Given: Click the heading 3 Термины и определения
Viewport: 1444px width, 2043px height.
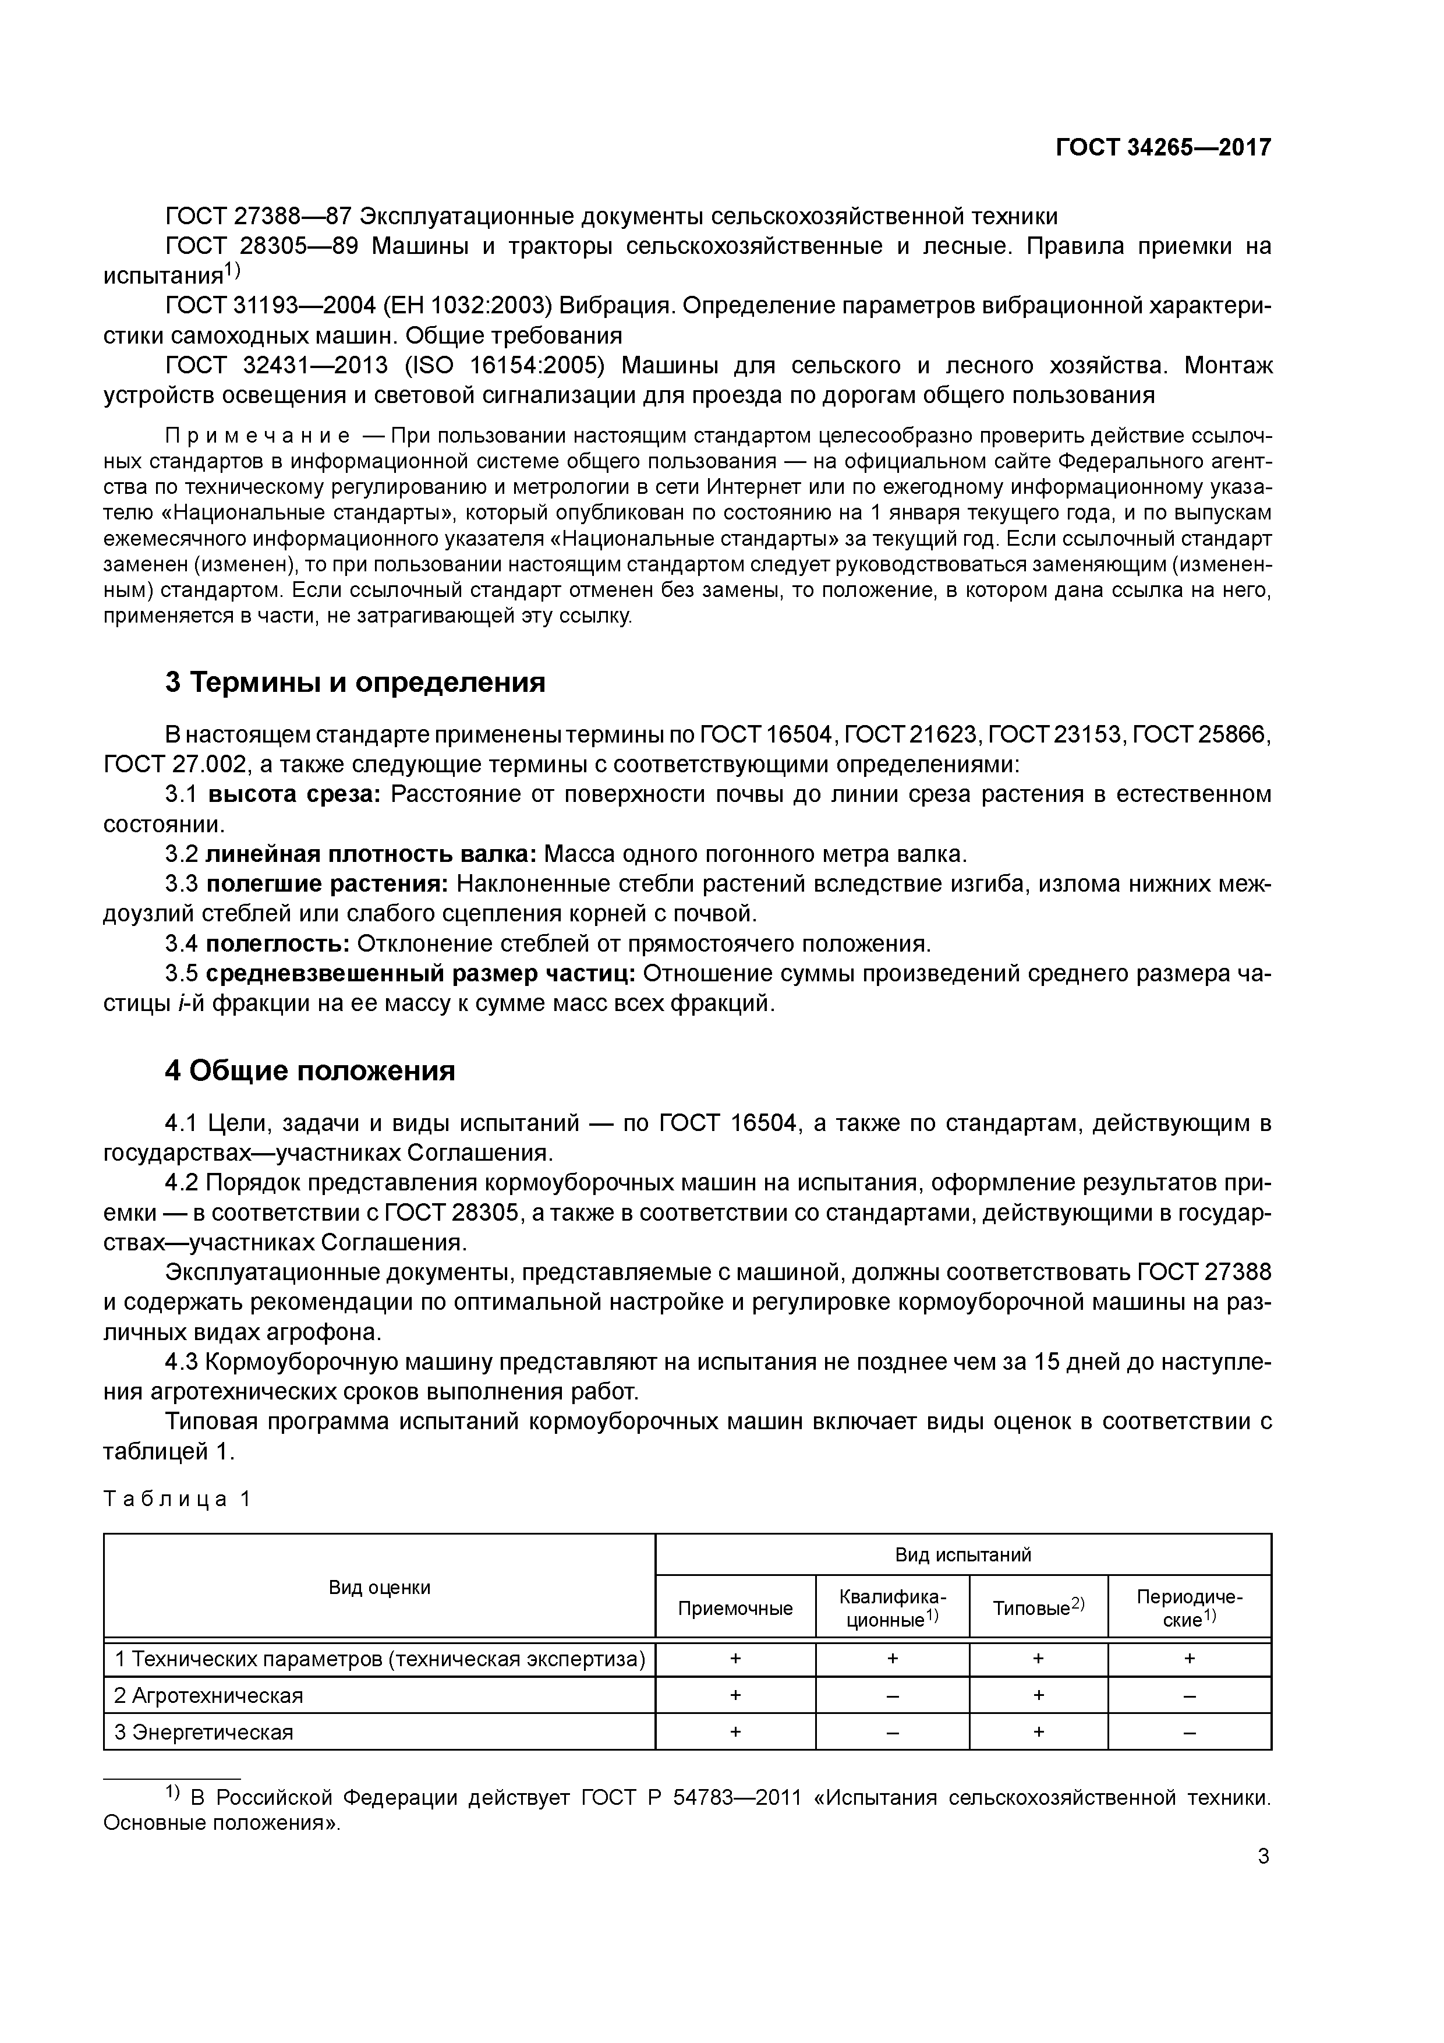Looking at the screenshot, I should pos(355,683).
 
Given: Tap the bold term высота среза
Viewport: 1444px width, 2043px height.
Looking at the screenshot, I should pos(293,794).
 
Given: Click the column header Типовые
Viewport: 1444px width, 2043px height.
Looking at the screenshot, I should pos(1038,1608).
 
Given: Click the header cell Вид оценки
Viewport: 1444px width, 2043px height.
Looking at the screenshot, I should pos(379,1588).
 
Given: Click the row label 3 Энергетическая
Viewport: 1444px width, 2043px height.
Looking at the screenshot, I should pos(204,1733).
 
